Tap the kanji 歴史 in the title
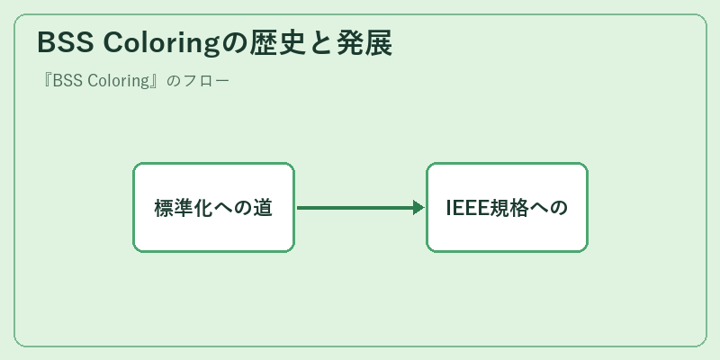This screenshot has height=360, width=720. (278, 43)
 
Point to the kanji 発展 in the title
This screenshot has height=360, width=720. (364, 43)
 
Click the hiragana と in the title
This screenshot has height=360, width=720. (321, 43)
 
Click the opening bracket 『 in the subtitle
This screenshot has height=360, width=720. (46, 81)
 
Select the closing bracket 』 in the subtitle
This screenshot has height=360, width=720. (157, 81)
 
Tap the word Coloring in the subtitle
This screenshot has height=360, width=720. (119, 81)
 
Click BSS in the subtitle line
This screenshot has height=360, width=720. (68, 81)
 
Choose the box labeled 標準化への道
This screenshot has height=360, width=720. (213, 207)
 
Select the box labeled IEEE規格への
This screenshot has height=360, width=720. (507, 207)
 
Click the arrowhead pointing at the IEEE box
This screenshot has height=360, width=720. (418, 208)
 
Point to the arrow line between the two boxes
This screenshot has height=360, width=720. (361, 208)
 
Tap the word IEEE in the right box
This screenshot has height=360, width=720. (467, 208)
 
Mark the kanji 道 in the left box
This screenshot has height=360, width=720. (263, 208)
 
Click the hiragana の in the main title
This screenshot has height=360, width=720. (235, 43)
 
